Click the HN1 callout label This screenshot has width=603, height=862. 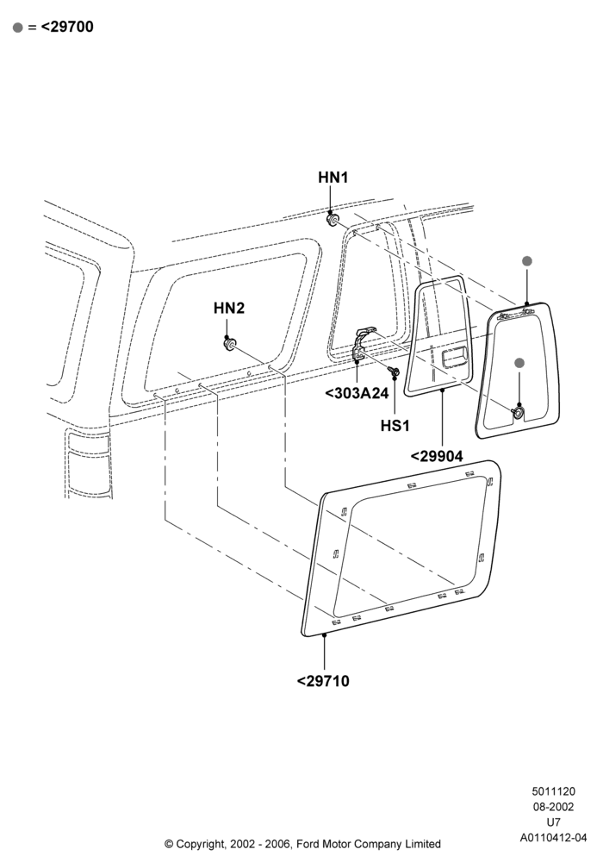pos(333,178)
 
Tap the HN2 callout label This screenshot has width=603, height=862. pos(229,309)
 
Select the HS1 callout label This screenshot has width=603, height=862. pos(395,426)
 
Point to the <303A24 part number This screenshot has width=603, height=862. pos(357,393)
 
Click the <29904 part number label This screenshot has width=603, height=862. pos(437,456)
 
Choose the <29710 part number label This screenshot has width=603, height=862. pos(323,681)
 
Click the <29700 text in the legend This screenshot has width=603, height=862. pos(67,27)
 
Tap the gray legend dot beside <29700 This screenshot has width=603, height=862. pos(18,28)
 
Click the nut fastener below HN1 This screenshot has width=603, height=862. pos(333,220)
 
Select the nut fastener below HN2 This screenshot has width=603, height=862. pos(229,344)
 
